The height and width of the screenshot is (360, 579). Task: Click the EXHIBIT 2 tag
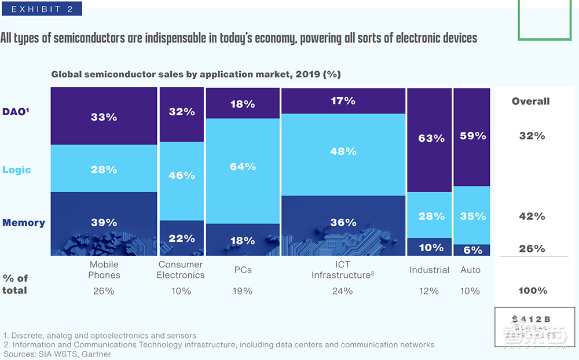[x=41, y=9]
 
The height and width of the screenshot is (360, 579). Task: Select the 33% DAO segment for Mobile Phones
[x=104, y=116]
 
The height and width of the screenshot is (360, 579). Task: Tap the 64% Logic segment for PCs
[x=243, y=167]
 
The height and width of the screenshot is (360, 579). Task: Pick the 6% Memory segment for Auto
[x=472, y=249]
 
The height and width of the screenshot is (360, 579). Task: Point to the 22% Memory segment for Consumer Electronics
[x=182, y=238]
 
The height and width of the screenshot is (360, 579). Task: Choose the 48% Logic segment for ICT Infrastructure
[x=343, y=152]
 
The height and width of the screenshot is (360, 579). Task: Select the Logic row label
[x=17, y=170]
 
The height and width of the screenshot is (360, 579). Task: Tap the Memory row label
[x=23, y=223]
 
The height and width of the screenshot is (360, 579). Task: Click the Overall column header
[x=530, y=101]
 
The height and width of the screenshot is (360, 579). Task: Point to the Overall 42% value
[x=532, y=216]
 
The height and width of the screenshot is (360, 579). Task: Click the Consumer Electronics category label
[x=181, y=270]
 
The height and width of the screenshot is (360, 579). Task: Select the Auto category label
[x=470, y=270]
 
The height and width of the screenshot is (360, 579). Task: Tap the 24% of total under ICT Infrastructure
[x=342, y=291]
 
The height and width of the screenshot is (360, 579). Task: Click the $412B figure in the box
[x=531, y=319]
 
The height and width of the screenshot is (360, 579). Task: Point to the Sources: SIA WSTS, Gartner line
[x=57, y=354]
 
